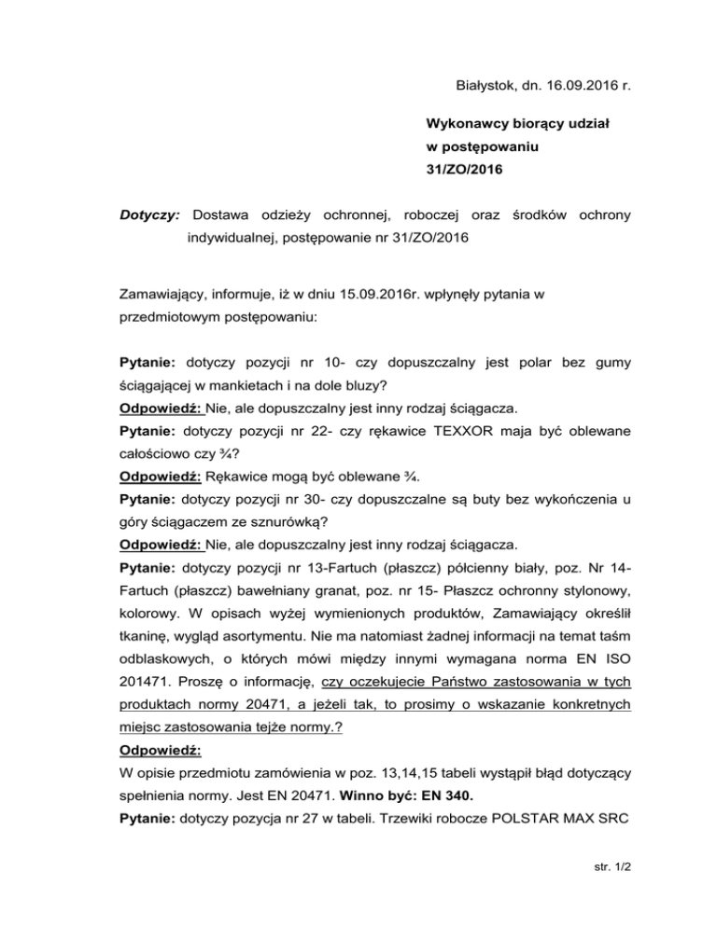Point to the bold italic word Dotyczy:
click(x=149, y=215)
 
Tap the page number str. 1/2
click(x=606, y=892)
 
